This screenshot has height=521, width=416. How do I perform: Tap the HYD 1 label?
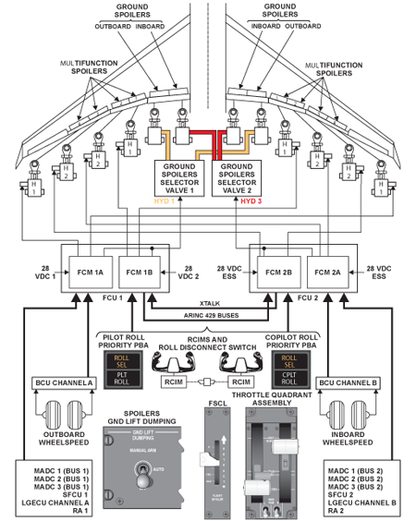tap(165, 200)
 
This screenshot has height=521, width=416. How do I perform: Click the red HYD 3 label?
tap(252, 200)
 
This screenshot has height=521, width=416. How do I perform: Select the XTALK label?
tap(207, 304)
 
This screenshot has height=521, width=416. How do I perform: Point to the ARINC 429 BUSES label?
tap(207, 316)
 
